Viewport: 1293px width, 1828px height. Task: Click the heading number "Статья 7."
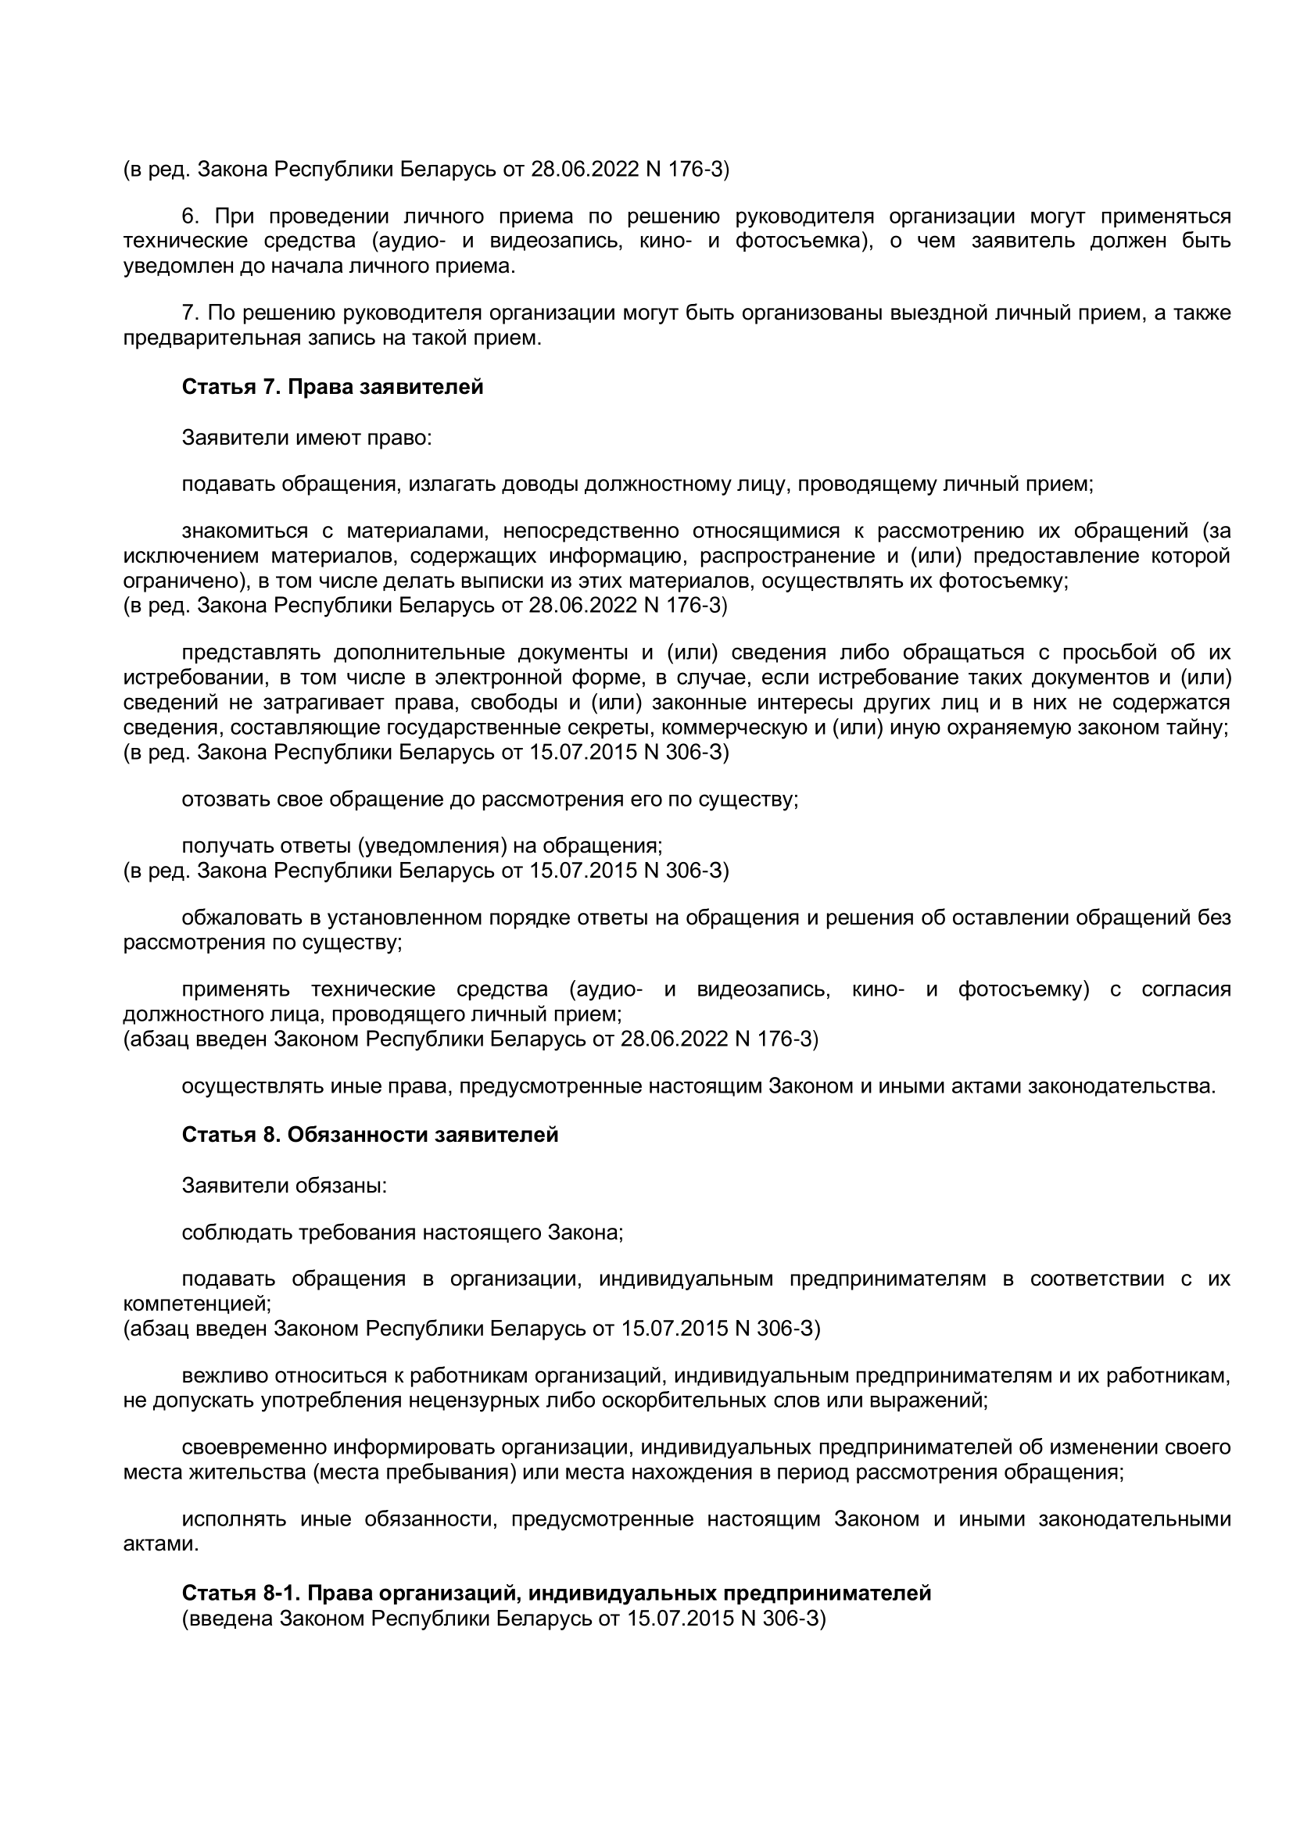(231, 387)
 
